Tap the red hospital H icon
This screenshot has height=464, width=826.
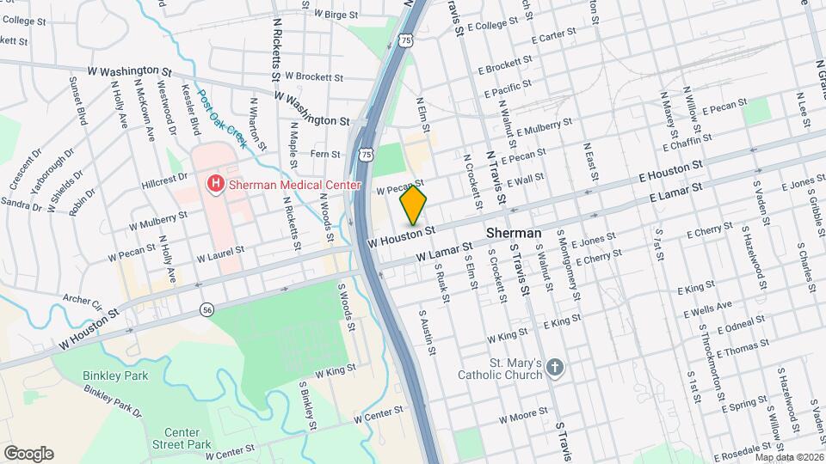click(214, 183)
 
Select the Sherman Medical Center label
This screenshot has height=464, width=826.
click(277, 183)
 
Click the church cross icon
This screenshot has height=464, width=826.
click(556, 369)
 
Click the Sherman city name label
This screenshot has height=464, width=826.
click(514, 233)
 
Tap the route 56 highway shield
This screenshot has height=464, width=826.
click(206, 309)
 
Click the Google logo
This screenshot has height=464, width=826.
click(28, 454)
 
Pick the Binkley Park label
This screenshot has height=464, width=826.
click(115, 375)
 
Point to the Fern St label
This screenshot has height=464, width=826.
click(326, 154)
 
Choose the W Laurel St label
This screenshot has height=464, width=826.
click(220, 254)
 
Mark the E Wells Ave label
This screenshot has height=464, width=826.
click(706, 306)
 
